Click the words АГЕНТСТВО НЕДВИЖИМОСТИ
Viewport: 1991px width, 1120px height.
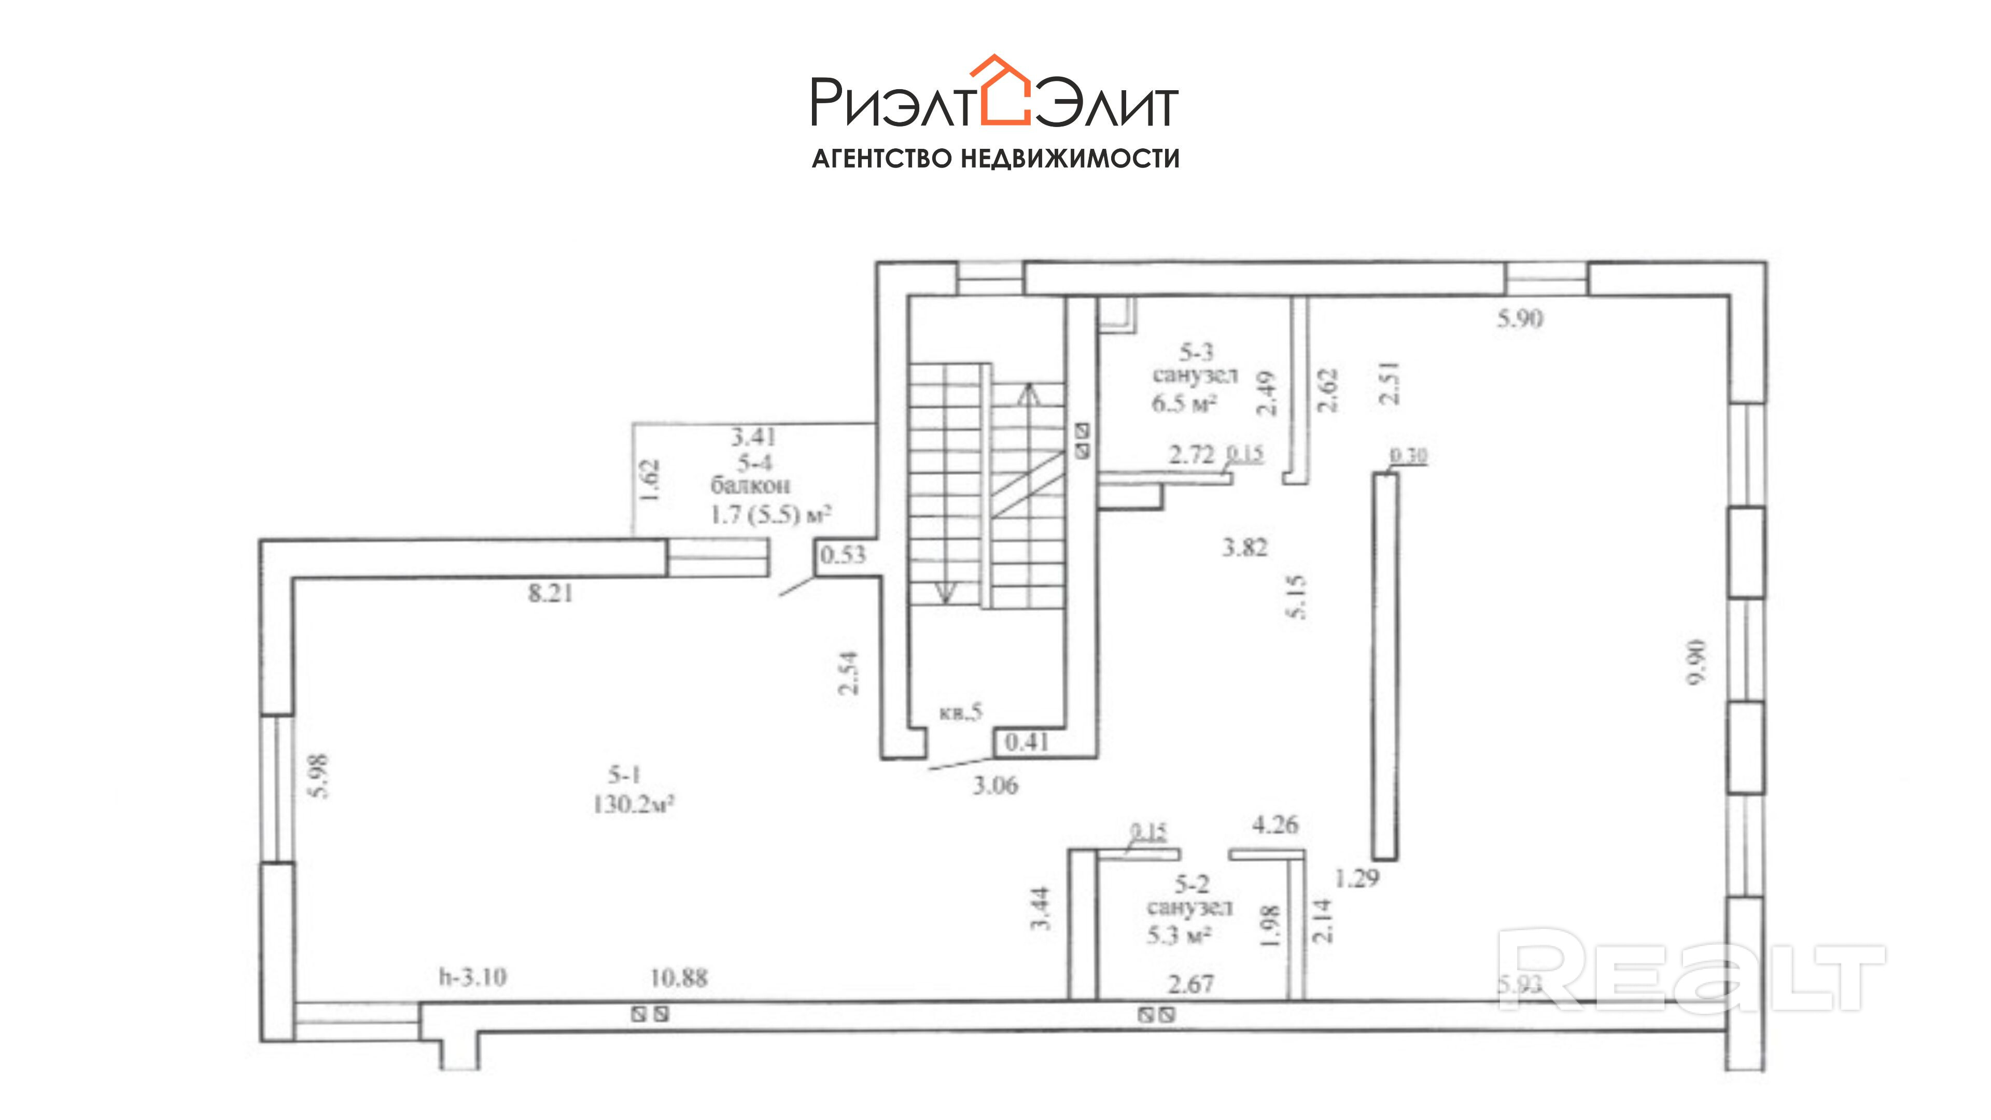(x=995, y=159)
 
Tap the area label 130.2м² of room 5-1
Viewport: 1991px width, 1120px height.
(x=633, y=805)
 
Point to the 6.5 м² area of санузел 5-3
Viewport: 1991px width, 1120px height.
(x=1185, y=403)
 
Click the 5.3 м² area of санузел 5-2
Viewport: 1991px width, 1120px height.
(x=1179, y=935)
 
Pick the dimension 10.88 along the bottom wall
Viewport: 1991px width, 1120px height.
(x=679, y=978)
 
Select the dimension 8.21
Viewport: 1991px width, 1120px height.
(x=550, y=594)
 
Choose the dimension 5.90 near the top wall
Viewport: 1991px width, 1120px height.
(x=1520, y=318)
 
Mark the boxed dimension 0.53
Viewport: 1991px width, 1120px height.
(x=843, y=554)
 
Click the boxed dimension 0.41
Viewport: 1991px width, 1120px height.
(x=1027, y=742)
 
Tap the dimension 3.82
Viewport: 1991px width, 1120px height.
(x=1244, y=548)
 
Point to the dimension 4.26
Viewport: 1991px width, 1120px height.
(x=1275, y=825)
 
